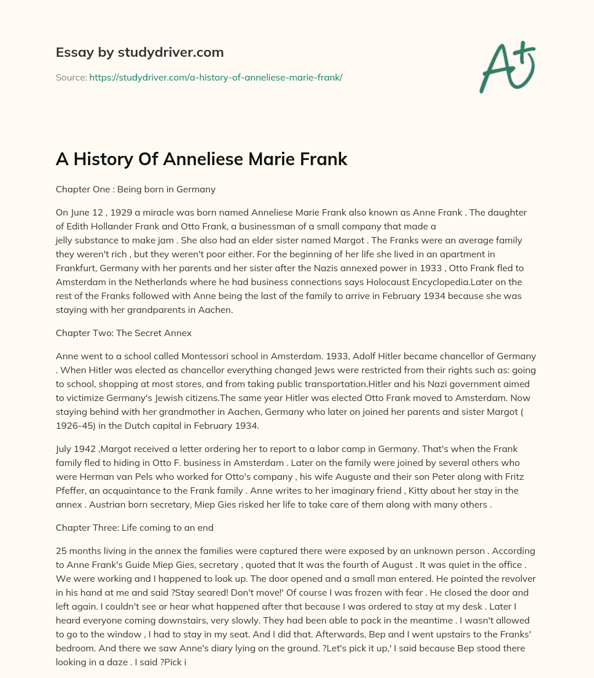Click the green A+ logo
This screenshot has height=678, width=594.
click(507, 67)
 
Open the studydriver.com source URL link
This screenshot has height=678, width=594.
click(216, 77)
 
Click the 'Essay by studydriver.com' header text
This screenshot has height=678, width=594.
click(139, 53)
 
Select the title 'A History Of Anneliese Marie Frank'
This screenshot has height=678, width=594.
click(201, 160)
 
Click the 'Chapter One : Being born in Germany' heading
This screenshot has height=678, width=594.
click(135, 189)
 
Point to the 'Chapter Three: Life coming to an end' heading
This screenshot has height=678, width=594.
click(135, 528)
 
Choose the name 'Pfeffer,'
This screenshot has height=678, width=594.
click(73, 490)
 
